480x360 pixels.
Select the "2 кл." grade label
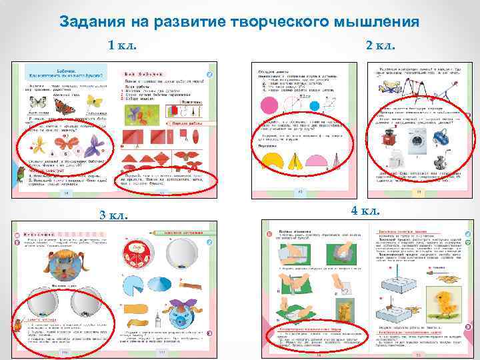click(381, 45)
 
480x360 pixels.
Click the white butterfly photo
click(38, 103)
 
